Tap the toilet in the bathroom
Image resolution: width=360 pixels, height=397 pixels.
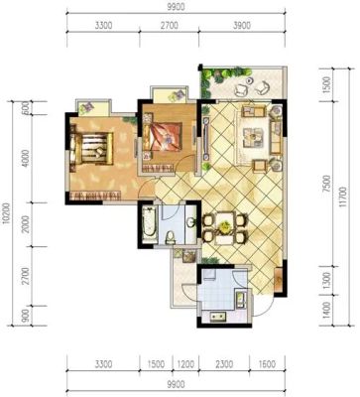(x=170, y=237)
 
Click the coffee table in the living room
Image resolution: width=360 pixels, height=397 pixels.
(x=253, y=137)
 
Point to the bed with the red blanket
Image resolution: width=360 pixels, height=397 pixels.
(x=163, y=137)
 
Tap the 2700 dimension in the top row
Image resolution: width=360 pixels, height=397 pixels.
(x=170, y=25)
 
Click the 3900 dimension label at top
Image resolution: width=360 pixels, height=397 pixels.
(x=242, y=25)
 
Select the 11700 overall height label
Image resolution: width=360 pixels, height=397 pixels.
(x=343, y=197)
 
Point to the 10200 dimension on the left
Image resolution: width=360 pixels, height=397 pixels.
(x=6, y=213)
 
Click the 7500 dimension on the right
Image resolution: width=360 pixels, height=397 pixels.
(x=326, y=184)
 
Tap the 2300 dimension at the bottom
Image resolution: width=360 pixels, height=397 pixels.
(x=224, y=364)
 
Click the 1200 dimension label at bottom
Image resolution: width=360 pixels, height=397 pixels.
(x=185, y=364)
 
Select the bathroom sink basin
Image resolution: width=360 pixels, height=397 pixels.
(x=190, y=222)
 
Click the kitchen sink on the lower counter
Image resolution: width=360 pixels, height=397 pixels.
(x=218, y=318)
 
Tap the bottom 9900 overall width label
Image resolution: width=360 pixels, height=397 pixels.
(x=176, y=384)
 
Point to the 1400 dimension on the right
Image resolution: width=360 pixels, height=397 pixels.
(x=326, y=310)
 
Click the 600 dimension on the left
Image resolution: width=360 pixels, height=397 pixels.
(x=27, y=108)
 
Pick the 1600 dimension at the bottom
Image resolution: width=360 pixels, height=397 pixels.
(x=267, y=364)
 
